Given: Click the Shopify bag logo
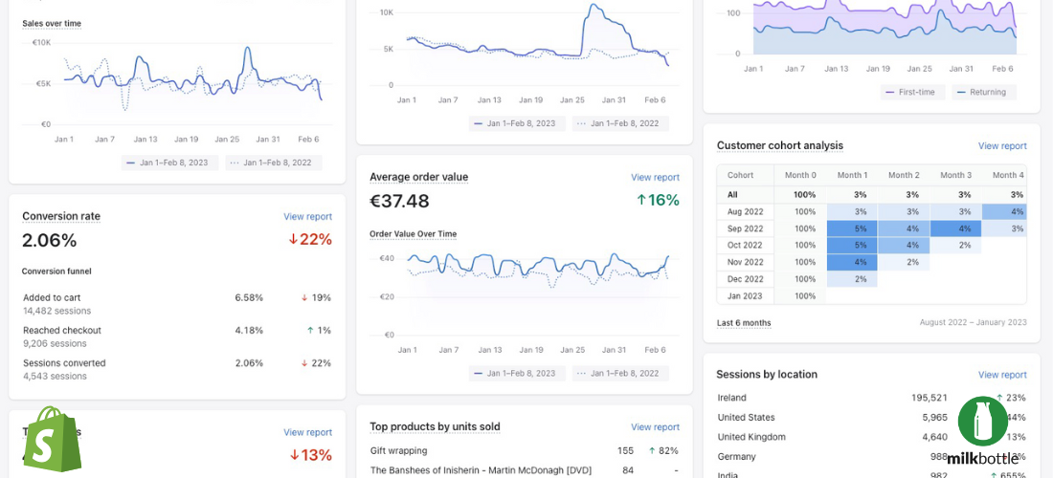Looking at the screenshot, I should click(x=54, y=439).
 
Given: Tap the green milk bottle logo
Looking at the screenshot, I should click(x=982, y=422).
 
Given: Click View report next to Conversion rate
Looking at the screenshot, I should click(x=307, y=217).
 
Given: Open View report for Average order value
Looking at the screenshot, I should click(x=655, y=178).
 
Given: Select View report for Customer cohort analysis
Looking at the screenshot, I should click(x=1001, y=146).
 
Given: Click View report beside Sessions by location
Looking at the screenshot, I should click(x=1001, y=375).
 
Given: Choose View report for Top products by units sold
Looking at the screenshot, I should click(x=655, y=427).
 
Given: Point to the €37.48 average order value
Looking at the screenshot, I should click(x=399, y=201).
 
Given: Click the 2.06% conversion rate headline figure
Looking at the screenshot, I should click(x=49, y=240).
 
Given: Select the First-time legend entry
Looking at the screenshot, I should click(x=912, y=93).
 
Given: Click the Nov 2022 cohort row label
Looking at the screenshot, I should click(x=746, y=262).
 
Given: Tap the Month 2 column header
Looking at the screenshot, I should click(x=903, y=175).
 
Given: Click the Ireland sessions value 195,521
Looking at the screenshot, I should click(x=929, y=398).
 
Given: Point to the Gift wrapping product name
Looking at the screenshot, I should click(x=398, y=450).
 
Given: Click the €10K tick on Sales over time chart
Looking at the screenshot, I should click(x=41, y=42).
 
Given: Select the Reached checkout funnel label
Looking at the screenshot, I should click(x=62, y=331).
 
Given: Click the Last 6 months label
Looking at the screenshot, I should click(x=744, y=323).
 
